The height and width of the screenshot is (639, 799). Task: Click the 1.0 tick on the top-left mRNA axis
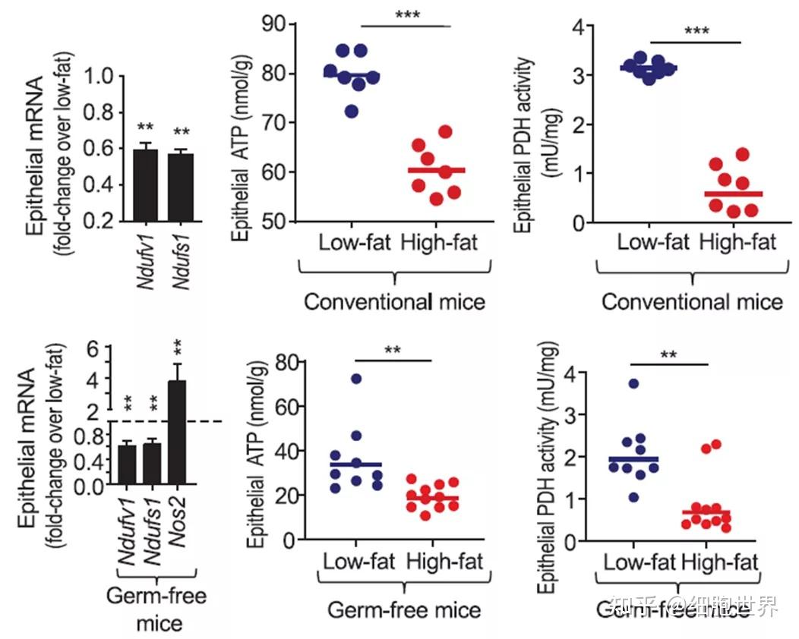pyautogui.click(x=107, y=76)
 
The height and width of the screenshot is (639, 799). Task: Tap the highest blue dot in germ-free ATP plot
pyautogui.click(x=356, y=378)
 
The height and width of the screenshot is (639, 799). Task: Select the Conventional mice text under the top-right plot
pyautogui.click(x=692, y=302)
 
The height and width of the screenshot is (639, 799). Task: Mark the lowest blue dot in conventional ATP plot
pyautogui.click(x=351, y=112)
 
